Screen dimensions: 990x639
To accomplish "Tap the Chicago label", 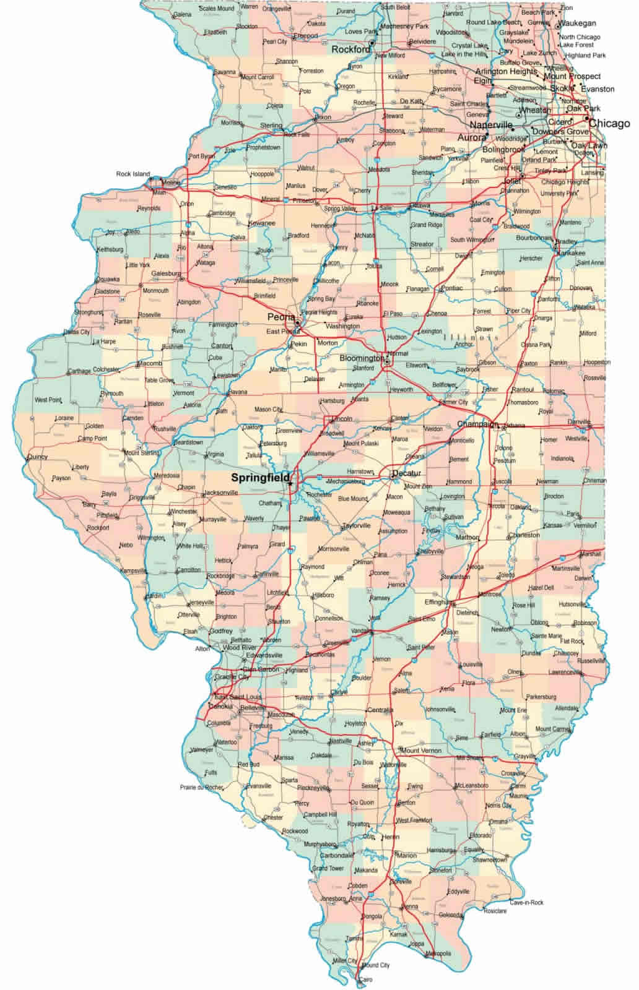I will tap(609, 124).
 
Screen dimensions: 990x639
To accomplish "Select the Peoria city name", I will tap(280, 317).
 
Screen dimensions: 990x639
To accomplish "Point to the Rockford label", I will tap(351, 49).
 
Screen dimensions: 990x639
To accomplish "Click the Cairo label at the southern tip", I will tap(365, 980).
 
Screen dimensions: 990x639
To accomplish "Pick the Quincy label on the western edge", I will tap(37, 457).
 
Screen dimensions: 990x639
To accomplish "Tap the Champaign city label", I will tap(477, 424).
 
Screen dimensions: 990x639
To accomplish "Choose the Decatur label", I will tap(406, 473).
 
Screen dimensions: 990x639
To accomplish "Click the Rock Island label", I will tap(133, 174).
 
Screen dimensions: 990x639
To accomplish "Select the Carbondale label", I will tap(337, 856).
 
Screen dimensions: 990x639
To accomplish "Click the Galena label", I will tap(182, 14).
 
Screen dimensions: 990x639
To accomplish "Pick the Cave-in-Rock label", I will tap(526, 902).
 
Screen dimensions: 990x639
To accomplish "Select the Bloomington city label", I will tap(362, 358).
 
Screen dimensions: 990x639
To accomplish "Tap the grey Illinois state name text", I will tap(471, 337).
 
